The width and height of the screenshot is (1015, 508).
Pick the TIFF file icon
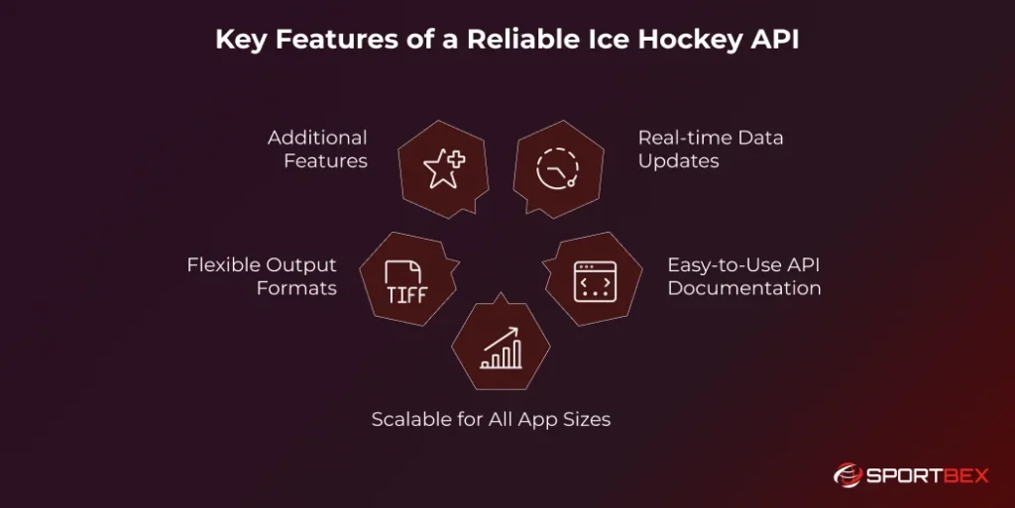pyautogui.click(x=404, y=283)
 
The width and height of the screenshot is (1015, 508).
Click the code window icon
pyautogui.click(x=594, y=282)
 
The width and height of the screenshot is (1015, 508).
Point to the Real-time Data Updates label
pyautogui.click(x=710, y=149)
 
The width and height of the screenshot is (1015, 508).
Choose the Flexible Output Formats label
pyautogui.click(x=263, y=276)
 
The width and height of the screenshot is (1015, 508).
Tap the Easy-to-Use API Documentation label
pyautogui.click(x=743, y=276)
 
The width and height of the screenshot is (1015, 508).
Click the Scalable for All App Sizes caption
pyautogui.click(x=491, y=419)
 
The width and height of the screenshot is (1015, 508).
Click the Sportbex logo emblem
pyautogui.click(x=848, y=475)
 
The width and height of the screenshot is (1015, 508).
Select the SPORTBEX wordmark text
pyautogui.click(x=929, y=476)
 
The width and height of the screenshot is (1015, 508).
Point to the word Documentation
pyautogui.click(x=743, y=288)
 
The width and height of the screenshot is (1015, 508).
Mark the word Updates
pyautogui.click(x=678, y=160)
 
